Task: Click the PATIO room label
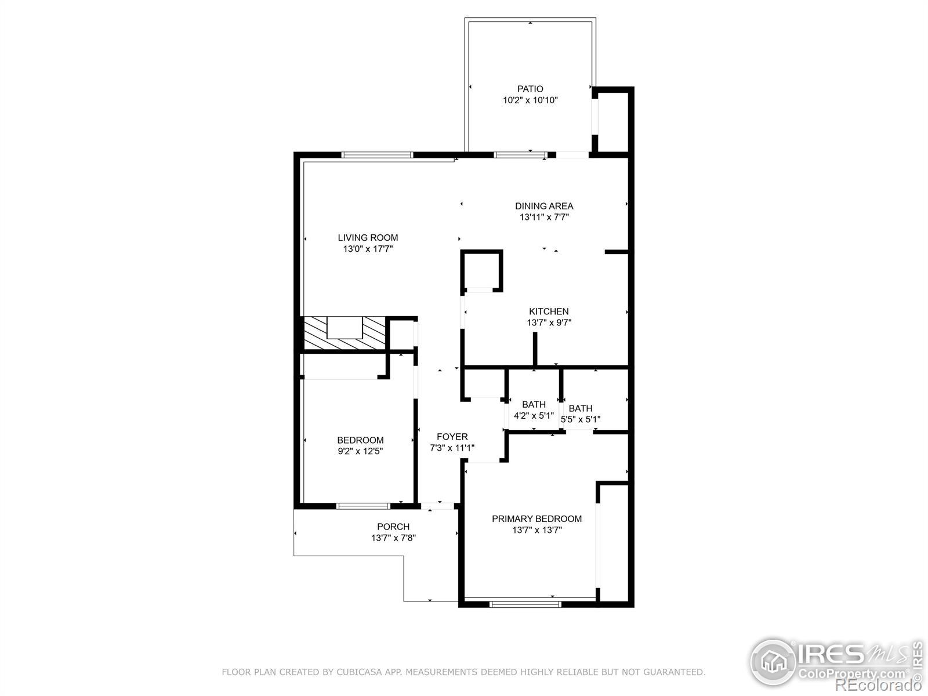(x=530, y=89)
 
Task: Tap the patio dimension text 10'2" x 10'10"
(x=530, y=100)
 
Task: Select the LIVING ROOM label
(x=368, y=237)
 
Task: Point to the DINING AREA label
(x=544, y=206)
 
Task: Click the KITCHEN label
(x=549, y=311)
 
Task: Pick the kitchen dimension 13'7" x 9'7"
(x=549, y=323)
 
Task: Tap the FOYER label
(x=452, y=437)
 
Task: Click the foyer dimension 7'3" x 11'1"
(x=452, y=448)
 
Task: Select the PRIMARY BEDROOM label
(x=536, y=519)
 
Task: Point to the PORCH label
(x=393, y=527)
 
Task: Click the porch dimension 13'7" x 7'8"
(x=393, y=538)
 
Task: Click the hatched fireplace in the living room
(x=345, y=333)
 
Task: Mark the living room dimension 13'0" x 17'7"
(x=368, y=249)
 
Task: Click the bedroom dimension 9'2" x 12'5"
(x=360, y=451)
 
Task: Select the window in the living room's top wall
(x=377, y=155)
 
